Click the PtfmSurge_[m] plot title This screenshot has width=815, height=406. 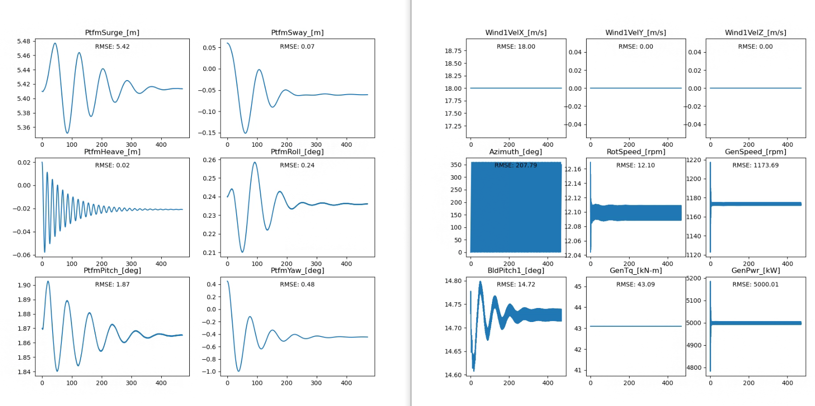(112, 32)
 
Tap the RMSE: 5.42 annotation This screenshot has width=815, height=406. (112, 46)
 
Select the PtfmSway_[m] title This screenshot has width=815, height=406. (297, 32)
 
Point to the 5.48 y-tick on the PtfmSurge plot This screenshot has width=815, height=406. (23, 41)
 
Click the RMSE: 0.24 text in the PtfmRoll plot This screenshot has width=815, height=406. (297, 165)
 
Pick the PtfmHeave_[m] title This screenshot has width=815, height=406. (112, 152)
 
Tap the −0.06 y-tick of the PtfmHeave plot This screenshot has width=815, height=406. (21, 255)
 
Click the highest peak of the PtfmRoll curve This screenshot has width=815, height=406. (254, 162)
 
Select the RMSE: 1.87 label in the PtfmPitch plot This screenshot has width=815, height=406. (112, 284)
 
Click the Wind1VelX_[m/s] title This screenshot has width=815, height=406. (516, 32)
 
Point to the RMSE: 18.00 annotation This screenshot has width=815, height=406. (516, 46)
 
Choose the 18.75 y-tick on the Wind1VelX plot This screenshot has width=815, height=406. (453, 51)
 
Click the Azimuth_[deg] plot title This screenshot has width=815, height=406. (516, 152)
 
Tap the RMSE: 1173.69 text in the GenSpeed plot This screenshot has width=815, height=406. (755, 165)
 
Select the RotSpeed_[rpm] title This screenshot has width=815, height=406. (635, 152)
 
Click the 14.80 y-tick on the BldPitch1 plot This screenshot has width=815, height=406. (453, 280)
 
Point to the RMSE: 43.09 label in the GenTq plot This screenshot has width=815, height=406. (635, 284)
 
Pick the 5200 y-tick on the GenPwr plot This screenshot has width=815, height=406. (694, 279)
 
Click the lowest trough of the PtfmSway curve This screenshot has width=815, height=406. (245, 133)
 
